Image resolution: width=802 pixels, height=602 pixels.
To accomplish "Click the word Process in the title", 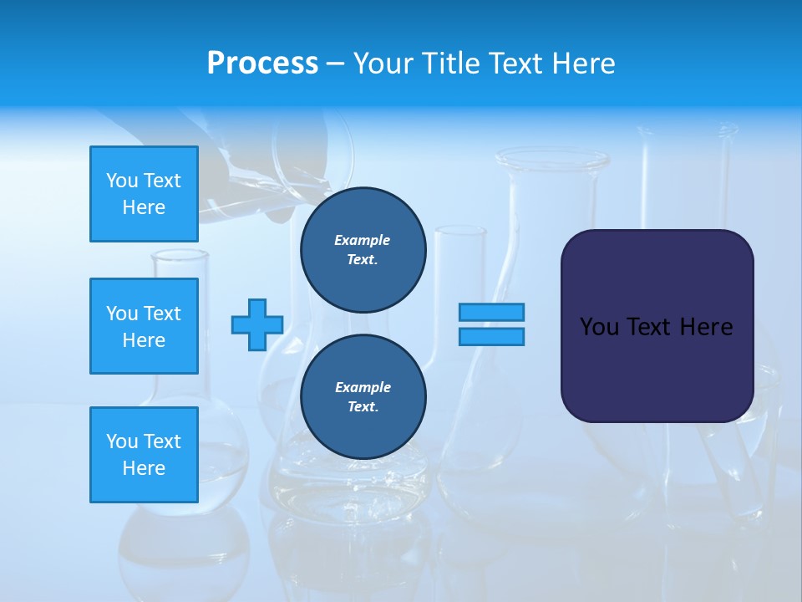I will tap(262, 64).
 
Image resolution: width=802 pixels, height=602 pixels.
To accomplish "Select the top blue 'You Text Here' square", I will tap(144, 194).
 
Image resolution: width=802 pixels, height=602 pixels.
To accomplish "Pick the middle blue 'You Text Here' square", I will tap(144, 326).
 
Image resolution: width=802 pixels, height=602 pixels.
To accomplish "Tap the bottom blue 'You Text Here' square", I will tap(144, 455).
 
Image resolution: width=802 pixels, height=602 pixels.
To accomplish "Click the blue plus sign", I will tap(257, 324).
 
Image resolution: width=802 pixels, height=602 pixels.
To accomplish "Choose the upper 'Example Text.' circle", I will tap(363, 249).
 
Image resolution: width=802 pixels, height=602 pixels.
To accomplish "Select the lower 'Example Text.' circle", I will tap(363, 396).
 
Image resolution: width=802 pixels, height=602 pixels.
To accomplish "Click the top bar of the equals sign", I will tap(491, 312).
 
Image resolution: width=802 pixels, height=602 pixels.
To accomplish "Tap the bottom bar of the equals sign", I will tap(491, 336).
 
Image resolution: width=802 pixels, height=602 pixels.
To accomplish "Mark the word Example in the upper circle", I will tap(363, 240).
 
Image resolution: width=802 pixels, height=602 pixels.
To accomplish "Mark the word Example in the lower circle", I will tap(363, 387).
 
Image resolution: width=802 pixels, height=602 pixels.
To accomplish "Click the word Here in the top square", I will tap(144, 207).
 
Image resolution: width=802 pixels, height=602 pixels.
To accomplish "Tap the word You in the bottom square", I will tap(122, 441).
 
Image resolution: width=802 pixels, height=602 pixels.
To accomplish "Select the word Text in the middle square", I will tap(161, 314).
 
